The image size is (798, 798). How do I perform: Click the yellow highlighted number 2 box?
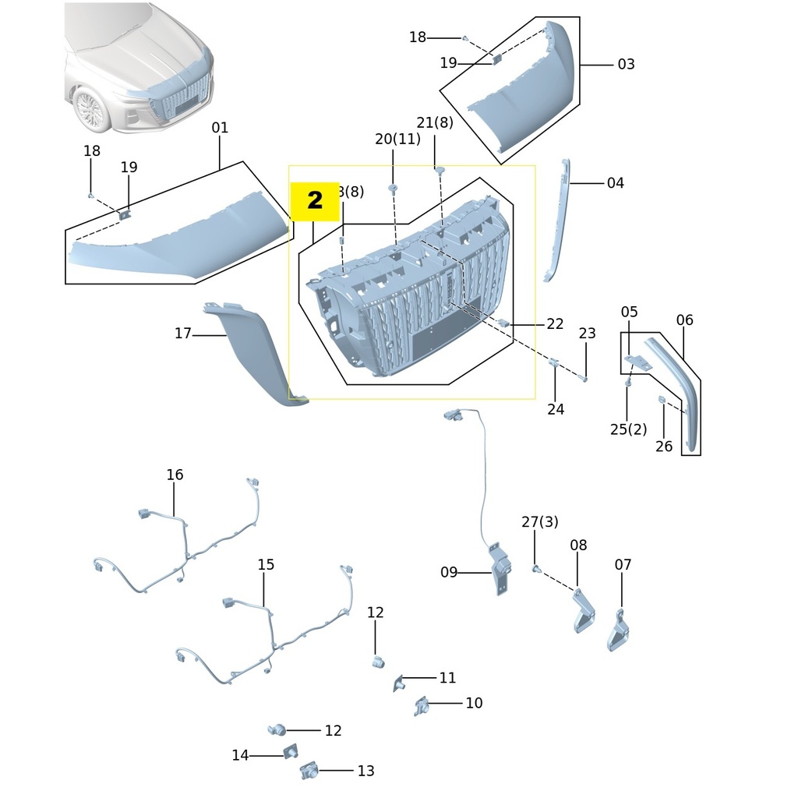coord(315,201)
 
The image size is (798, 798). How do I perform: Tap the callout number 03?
coord(626,65)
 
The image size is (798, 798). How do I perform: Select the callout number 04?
coord(616,183)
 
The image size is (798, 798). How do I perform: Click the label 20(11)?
coord(397,139)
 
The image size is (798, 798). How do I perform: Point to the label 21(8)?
coord(435,122)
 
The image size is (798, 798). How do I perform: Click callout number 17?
coord(182,334)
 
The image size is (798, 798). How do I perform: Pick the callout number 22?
coord(555,324)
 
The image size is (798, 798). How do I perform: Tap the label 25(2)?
coord(629,429)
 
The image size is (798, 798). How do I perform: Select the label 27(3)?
coord(540,522)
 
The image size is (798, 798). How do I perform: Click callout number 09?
coord(449,573)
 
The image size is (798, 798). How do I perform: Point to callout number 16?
coord(175,475)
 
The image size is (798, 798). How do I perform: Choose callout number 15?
coord(266,564)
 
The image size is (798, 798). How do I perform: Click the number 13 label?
coord(365,772)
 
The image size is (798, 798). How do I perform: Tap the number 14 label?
coord(240,755)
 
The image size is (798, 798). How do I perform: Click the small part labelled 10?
coord(422,705)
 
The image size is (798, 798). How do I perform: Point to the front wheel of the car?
coord(91,109)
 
